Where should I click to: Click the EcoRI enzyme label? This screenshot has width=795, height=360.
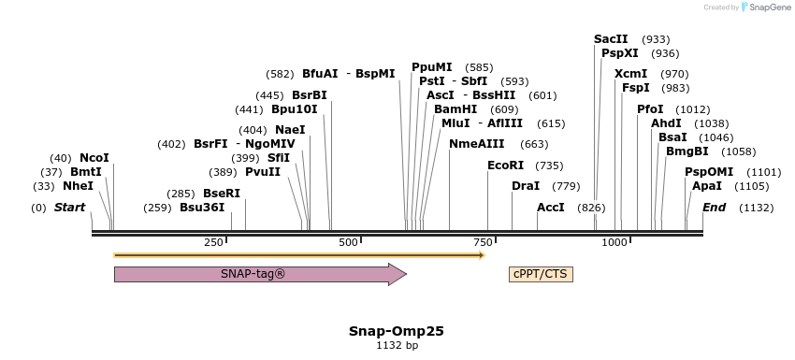pyautogui.click(x=505, y=165)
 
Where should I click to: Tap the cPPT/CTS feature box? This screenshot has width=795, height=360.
pyautogui.click(x=540, y=274)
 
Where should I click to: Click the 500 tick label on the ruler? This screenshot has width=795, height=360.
pyautogui.click(x=349, y=242)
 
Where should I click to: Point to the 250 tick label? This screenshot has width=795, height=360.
pyautogui.click(x=214, y=242)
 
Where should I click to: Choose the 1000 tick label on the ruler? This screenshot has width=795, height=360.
pyautogui.click(x=614, y=242)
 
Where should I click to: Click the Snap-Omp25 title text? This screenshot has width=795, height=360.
pyautogui.click(x=396, y=331)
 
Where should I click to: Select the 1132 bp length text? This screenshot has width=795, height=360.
pyautogui.click(x=397, y=345)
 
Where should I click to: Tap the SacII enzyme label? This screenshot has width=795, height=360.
pyautogui.click(x=611, y=39)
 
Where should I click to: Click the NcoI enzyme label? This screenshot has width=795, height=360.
pyautogui.click(x=94, y=158)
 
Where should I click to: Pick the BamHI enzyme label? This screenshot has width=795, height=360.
pyautogui.click(x=455, y=109)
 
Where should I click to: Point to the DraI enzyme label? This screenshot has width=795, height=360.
pyautogui.click(x=526, y=186)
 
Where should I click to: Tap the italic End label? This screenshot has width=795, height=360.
pyautogui.click(x=715, y=207)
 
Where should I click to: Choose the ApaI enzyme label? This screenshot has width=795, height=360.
pyautogui.click(x=707, y=186)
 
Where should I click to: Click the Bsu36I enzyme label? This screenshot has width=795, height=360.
pyautogui.click(x=202, y=208)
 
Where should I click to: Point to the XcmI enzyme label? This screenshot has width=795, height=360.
pyautogui.click(x=630, y=74)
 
